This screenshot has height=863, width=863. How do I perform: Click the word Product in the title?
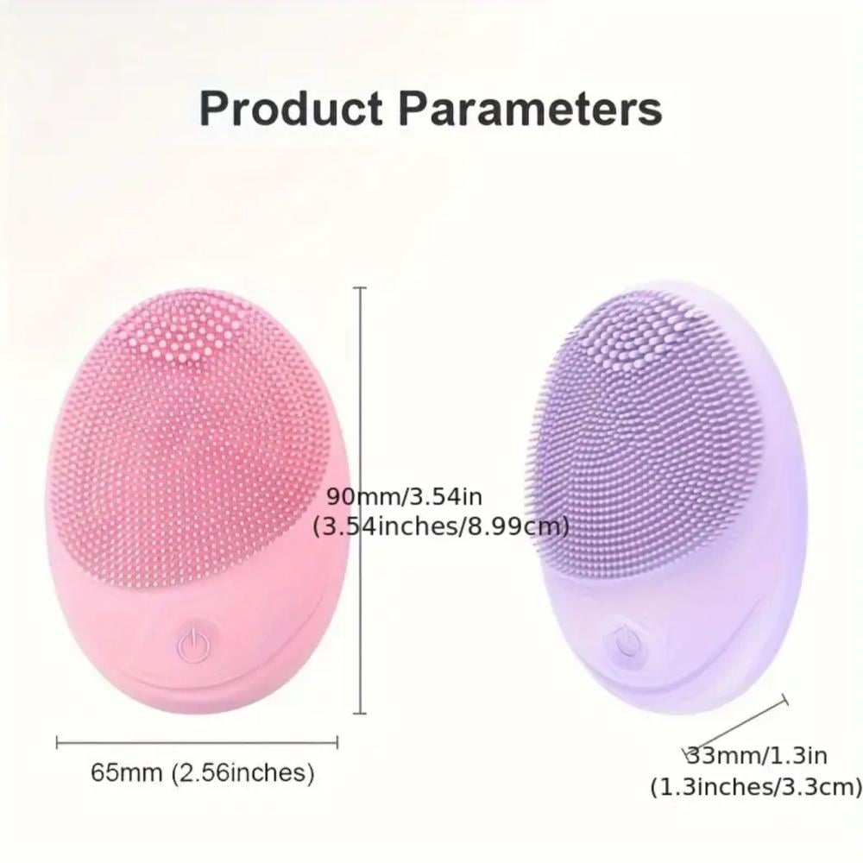291,109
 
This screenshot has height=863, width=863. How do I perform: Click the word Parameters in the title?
531,109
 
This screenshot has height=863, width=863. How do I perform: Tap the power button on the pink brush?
193,645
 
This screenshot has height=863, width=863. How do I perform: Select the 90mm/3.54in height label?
405,496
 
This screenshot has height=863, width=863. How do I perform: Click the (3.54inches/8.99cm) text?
441,526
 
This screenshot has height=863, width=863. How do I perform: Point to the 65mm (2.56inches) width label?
203,772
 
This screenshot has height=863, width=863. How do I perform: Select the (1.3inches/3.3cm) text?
756,786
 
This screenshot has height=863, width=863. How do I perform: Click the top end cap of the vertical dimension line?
360,288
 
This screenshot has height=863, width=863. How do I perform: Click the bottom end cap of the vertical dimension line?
360,714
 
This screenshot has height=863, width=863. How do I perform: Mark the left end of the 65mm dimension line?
57,743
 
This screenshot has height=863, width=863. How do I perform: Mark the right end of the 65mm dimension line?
337,743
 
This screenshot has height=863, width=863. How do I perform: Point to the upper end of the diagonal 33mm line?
784,700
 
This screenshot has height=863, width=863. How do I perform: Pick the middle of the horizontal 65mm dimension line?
197,743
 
